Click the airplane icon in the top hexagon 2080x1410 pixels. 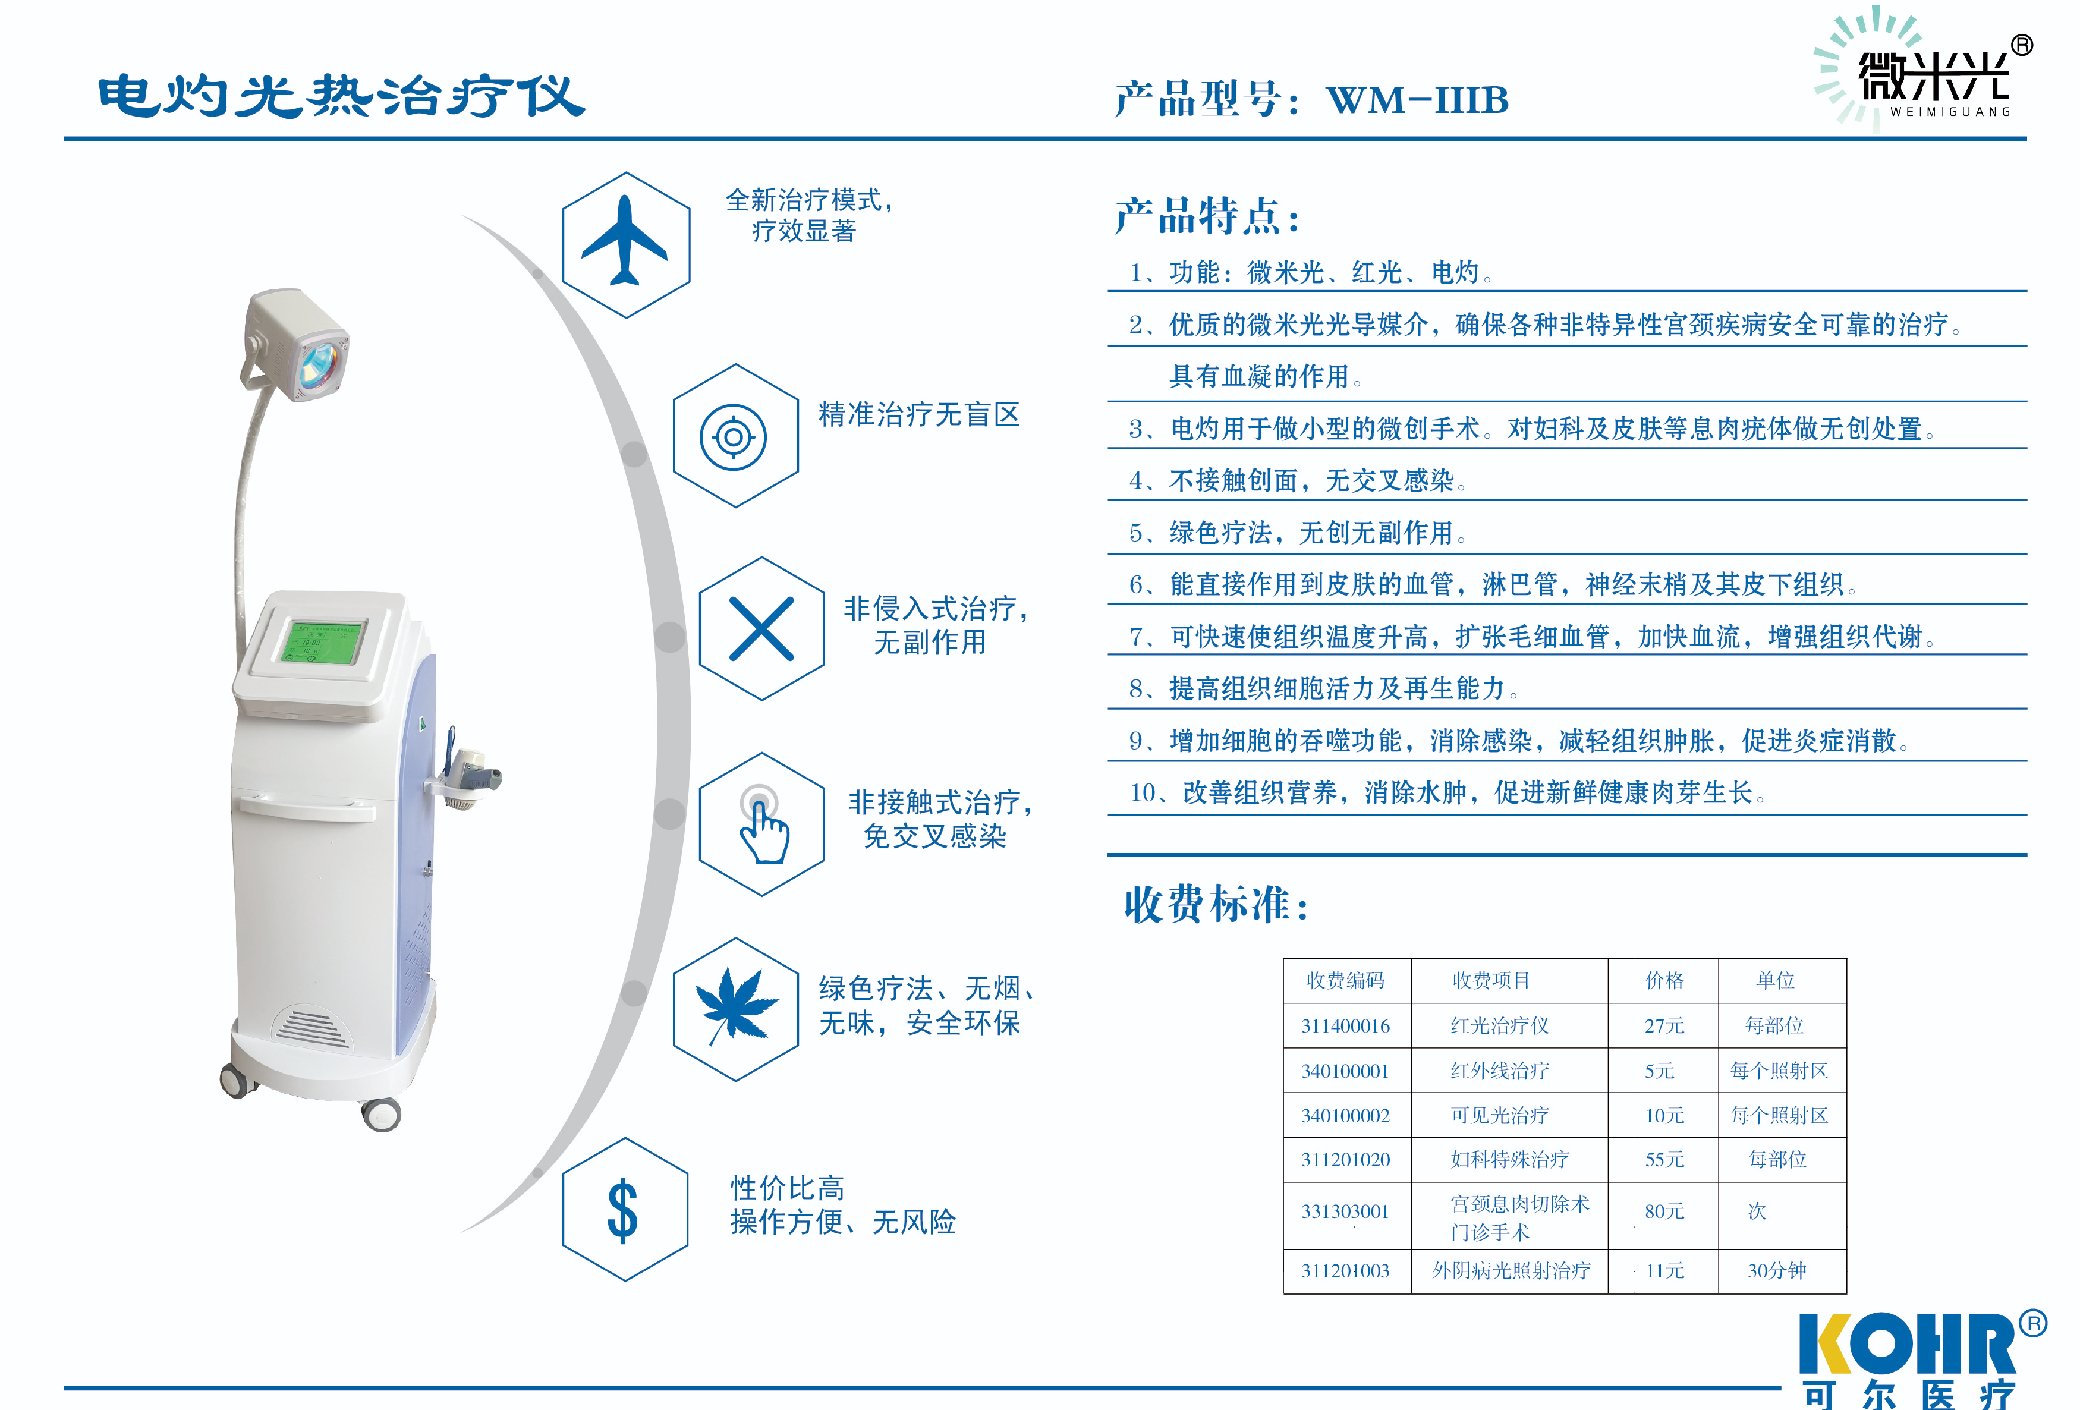(x=625, y=242)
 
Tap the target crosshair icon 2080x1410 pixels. (x=733, y=437)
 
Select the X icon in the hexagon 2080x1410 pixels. (x=761, y=628)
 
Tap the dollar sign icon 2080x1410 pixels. (x=623, y=1210)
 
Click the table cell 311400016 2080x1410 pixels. (x=1345, y=1026)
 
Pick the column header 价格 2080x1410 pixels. (x=1664, y=980)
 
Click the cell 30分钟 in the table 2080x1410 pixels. (x=1777, y=1270)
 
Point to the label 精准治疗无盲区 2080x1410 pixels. (x=918, y=414)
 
